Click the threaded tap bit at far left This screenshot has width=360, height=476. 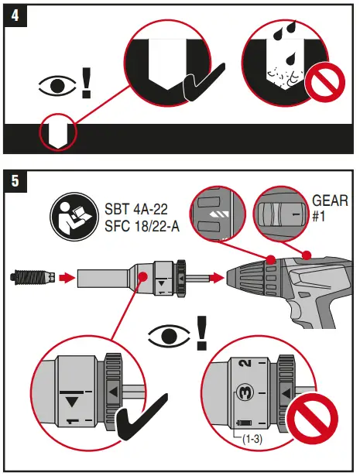coord(31,275)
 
